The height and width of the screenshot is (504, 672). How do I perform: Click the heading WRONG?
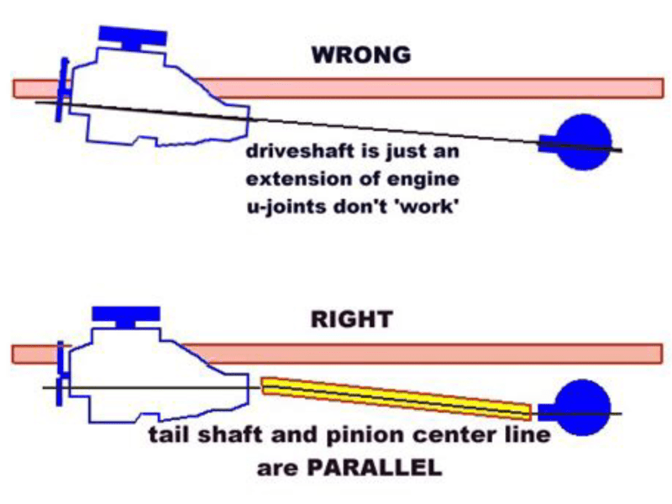pyautogui.click(x=361, y=56)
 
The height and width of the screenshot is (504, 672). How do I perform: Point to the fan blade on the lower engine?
pyautogui.click(x=60, y=374)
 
